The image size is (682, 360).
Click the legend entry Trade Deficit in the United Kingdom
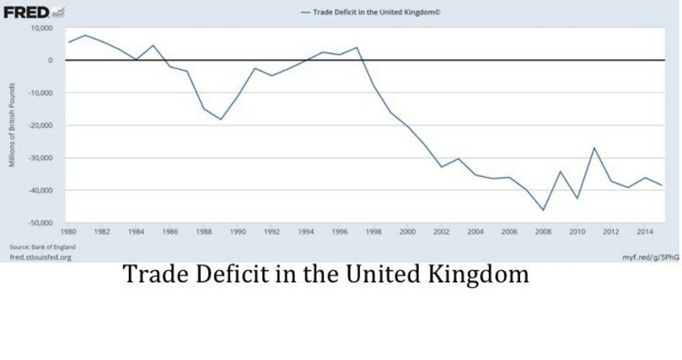(x=367, y=12)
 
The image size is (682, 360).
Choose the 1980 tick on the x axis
(x=68, y=232)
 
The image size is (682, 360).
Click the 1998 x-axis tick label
(x=373, y=232)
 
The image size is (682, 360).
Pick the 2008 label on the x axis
(x=543, y=232)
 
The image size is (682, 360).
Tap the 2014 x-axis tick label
(x=645, y=232)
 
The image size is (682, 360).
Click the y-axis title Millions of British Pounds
(x=12, y=125)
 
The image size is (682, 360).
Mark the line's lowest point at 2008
(x=544, y=210)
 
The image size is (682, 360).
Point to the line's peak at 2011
(x=594, y=148)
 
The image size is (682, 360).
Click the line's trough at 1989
(x=221, y=119)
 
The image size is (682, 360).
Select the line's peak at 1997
(x=356, y=48)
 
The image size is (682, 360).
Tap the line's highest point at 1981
(x=85, y=35)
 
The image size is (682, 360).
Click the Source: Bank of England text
(x=42, y=246)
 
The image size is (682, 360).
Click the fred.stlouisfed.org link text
(x=40, y=256)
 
